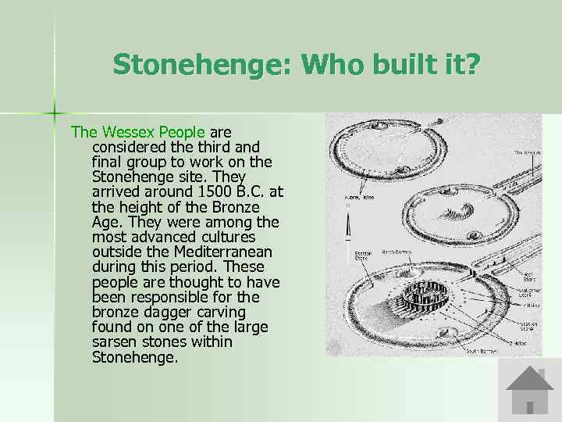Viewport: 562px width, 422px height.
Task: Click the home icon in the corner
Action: click(x=529, y=390)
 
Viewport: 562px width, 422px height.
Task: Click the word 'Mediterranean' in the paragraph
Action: click(x=222, y=252)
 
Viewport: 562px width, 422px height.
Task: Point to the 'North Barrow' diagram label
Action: click(x=397, y=252)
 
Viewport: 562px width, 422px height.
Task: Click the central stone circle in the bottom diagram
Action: click(x=425, y=298)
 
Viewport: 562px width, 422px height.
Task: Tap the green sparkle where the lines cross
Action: click(x=55, y=109)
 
